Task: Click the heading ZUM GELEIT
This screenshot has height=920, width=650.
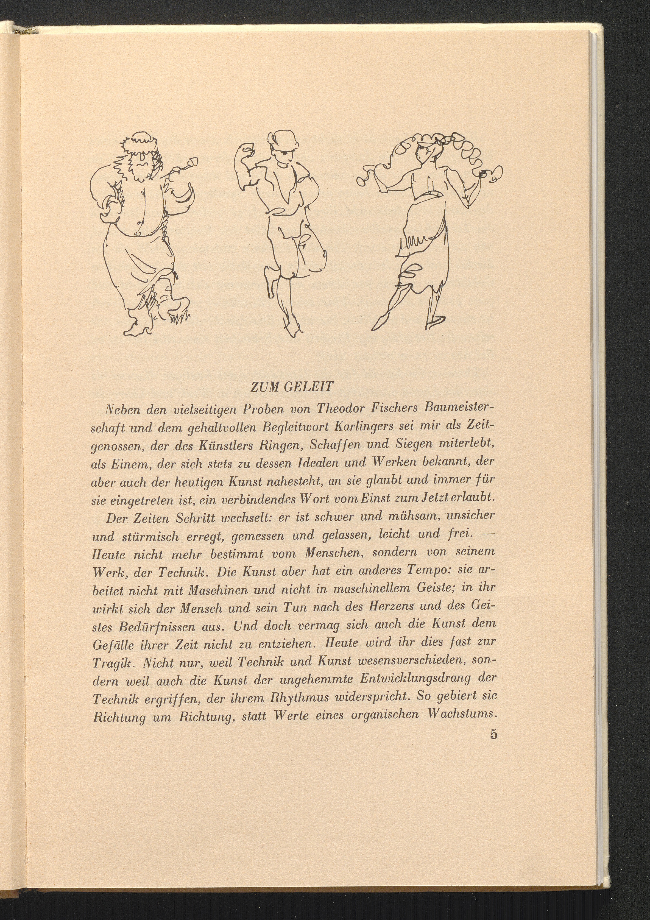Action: pyautogui.click(x=291, y=387)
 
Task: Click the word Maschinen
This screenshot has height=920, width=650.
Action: pyautogui.click(x=217, y=589)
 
